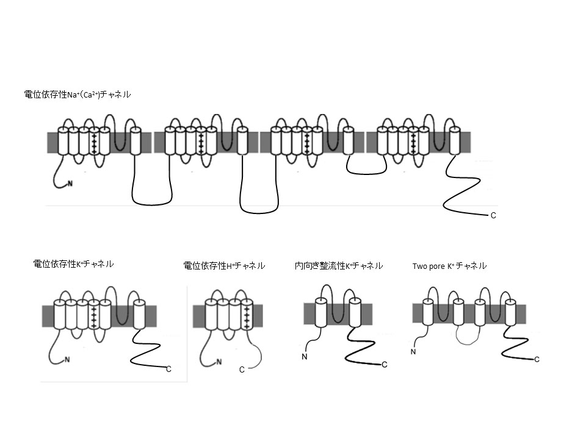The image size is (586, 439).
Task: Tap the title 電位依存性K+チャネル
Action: point(73,264)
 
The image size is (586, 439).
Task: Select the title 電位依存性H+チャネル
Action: point(224,265)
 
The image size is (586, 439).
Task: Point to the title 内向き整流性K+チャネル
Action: point(338,265)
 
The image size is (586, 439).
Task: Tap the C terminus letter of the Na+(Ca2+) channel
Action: point(493,216)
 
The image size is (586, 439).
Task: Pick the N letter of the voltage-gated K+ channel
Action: point(67,360)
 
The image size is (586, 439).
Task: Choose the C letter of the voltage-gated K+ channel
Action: point(169,368)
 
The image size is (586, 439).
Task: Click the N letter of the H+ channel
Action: point(219,361)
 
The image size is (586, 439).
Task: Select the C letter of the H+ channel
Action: point(242,369)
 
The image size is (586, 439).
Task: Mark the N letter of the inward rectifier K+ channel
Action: point(304,357)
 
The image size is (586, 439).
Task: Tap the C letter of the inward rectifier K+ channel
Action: point(384,365)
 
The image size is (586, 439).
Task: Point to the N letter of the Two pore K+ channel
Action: point(413,352)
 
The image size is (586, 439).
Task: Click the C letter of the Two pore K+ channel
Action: point(537,360)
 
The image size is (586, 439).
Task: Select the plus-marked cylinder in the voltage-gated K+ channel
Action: point(93,315)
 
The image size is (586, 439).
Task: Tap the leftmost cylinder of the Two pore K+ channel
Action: point(428,313)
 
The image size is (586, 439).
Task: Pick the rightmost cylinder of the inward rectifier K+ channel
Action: point(355,312)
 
